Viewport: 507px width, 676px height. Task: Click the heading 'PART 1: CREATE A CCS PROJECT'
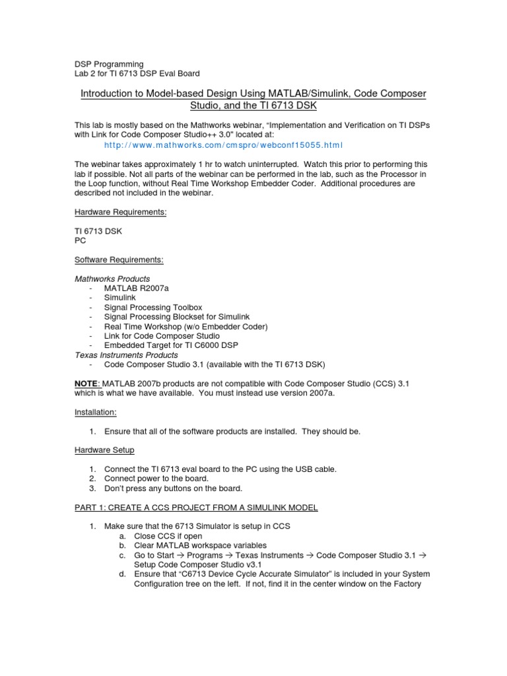[x=195, y=507]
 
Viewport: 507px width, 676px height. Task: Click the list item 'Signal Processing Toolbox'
[x=153, y=308]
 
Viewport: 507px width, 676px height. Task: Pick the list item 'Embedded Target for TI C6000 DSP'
[x=170, y=345]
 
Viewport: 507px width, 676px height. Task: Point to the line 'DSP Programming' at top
[x=108, y=64]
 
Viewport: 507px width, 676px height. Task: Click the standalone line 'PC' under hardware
[x=79, y=241]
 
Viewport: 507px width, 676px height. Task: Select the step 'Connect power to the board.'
[x=161, y=479]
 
